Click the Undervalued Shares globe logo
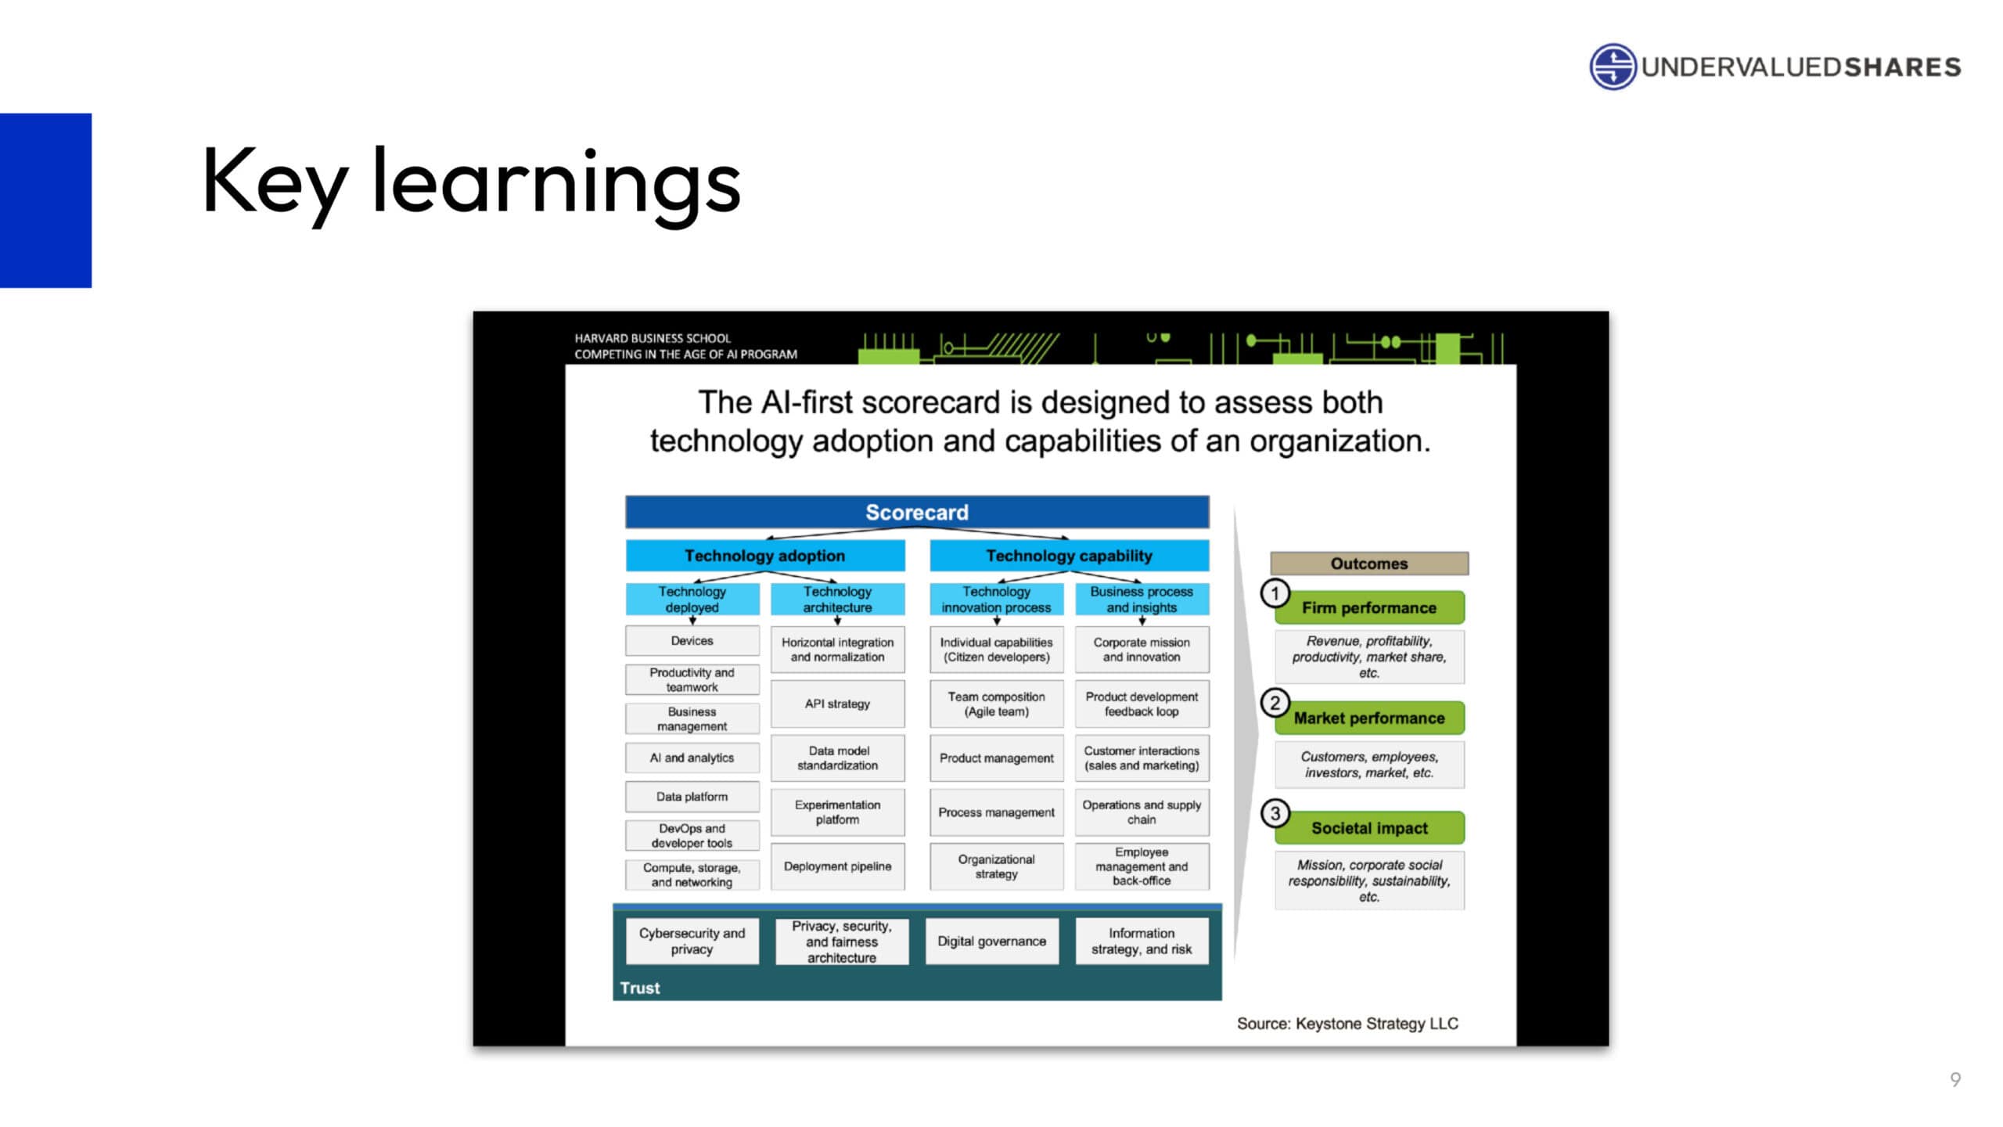click(1613, 67)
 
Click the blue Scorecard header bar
click(917, 512)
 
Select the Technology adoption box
click(765, 556)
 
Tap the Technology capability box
click(1069, 556)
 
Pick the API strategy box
click(837, 704)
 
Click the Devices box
click(692, 640)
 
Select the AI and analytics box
click(692, 758)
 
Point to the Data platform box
click(692, 797)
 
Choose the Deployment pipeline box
click(837, 866)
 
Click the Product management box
click(996, 758)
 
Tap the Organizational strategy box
click(996, 866)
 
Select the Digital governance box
click(991, 941)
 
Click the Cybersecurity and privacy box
click(692, 941)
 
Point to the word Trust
click(640, 988)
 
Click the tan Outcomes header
click(1369, 563)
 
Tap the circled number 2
click(1275, 703)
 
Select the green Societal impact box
click(1369, 828)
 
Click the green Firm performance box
click(1369, 607)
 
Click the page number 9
click(1955, 1080)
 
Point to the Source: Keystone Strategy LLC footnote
click(1347, 1024)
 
